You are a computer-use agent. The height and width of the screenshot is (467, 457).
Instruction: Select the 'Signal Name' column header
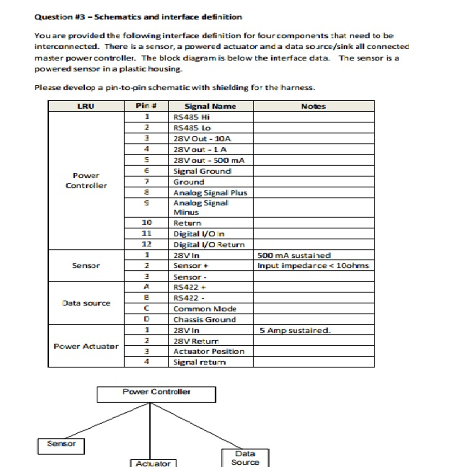point(210,106)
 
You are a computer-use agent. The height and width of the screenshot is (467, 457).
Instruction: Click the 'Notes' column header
point(313,106)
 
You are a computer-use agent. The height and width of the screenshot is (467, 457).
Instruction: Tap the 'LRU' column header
point(86,106)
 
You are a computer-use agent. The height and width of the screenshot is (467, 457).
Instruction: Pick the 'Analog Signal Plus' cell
point(210,192)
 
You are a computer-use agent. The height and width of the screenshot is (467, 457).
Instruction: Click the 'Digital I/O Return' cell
point(209,245)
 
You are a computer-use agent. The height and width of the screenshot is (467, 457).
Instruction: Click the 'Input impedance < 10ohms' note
point(314,266)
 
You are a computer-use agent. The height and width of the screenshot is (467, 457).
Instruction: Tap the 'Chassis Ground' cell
point(204,320)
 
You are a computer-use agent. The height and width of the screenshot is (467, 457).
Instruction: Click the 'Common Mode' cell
point(205,309)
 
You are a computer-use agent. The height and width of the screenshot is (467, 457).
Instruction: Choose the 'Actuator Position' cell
point(209,352)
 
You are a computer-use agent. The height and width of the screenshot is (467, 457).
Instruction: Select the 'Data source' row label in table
point(86,303)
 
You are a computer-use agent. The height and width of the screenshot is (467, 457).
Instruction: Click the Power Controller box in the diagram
point(156,394)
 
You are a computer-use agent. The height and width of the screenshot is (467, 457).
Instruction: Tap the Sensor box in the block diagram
point(61,446)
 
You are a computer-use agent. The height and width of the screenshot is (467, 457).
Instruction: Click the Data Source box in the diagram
point(245,458)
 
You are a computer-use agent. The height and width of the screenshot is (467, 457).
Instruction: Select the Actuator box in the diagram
point(153,463)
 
